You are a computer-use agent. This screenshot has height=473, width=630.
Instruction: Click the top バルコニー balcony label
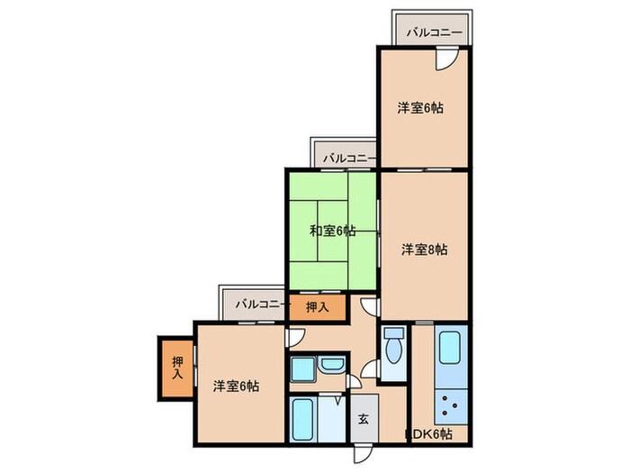click(434, 32)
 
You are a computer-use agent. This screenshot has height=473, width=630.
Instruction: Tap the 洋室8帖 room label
click(423, 250)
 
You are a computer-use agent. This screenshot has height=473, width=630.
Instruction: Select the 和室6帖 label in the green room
click(331, 231)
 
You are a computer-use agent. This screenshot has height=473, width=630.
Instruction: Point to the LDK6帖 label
click(429, 434)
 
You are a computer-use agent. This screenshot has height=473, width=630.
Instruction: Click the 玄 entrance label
click(364, 419)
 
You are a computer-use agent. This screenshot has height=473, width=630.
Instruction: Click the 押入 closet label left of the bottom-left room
click(177, 368)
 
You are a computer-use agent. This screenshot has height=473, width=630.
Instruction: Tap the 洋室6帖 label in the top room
click(420, 108)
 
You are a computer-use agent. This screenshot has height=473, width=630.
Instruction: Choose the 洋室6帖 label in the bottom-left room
click(237, 386)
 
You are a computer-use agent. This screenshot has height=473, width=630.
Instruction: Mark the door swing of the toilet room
click(371, 369)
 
